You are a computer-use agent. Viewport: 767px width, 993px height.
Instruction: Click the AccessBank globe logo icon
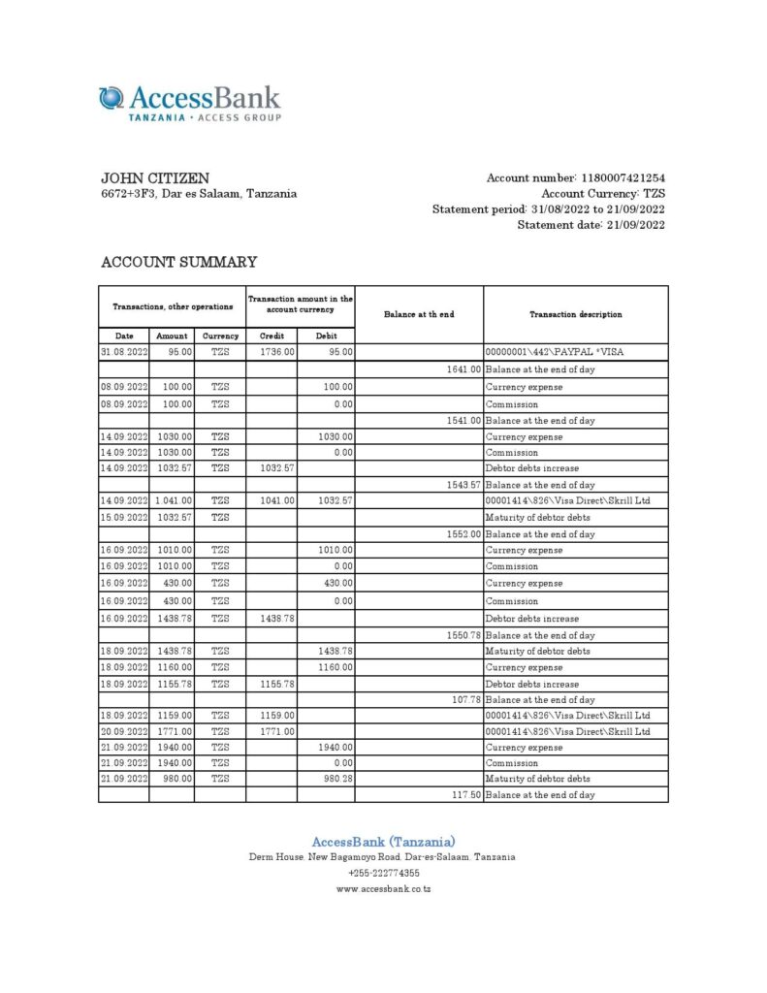tap(112, 99)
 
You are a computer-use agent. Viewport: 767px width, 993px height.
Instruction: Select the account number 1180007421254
tap(623, 178)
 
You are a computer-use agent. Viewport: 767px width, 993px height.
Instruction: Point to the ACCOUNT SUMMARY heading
tap(179, 262)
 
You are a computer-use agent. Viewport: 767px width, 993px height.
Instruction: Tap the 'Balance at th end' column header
tap(419, 314)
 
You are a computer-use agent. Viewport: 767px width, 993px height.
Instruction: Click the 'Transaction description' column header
tap(576, 314)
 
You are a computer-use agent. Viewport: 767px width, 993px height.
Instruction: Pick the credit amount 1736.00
tap(277, 352)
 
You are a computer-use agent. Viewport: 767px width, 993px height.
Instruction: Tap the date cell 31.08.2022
tap(123, 352)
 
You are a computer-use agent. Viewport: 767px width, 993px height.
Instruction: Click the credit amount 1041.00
tap(277, 500)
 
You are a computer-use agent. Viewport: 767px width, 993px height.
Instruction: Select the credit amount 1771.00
tap(277, 731)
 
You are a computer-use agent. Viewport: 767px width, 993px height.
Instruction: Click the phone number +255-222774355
tap(383, 873)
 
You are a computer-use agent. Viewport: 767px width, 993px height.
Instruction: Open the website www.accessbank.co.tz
tap(383, 888)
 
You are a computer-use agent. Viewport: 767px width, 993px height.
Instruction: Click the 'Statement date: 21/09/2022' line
tap(591, 225)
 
